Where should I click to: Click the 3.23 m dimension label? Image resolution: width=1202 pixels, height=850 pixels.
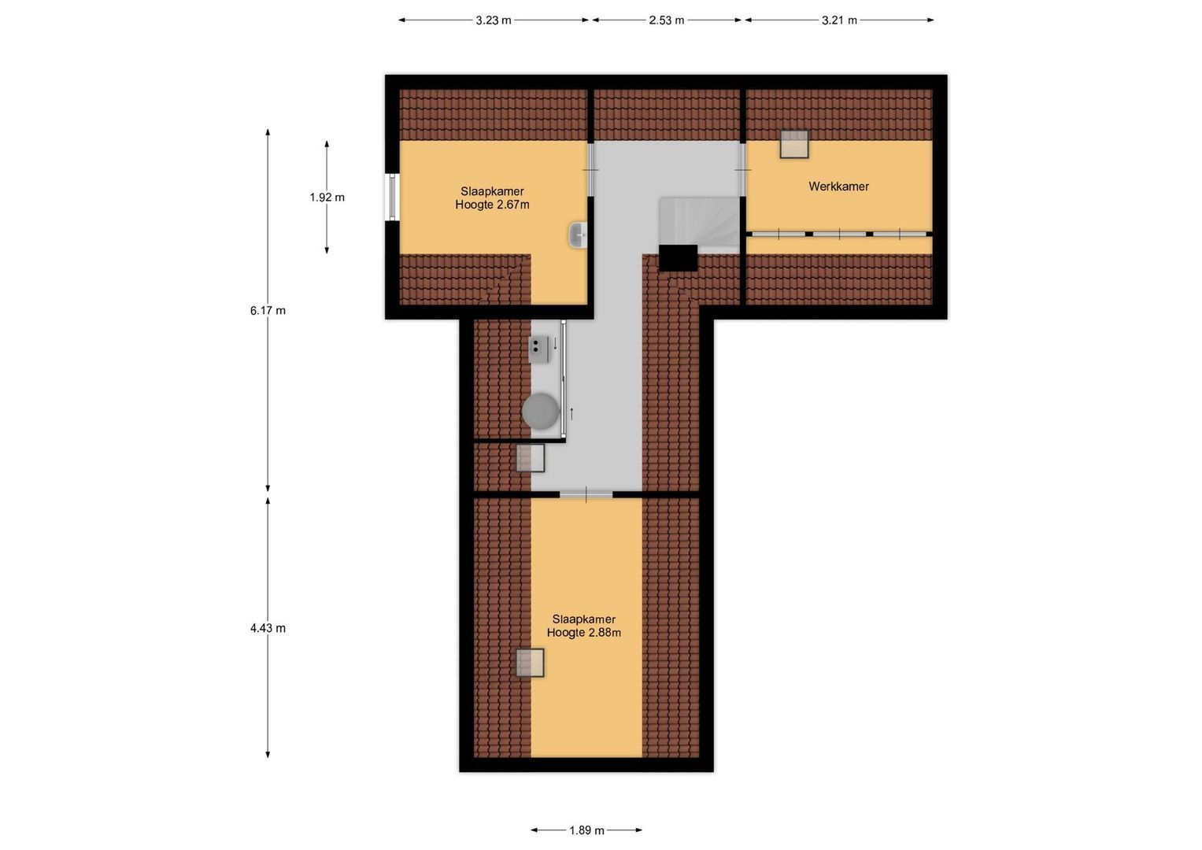coord(493,20)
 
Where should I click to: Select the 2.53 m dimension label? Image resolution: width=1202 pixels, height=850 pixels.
coord(666,20)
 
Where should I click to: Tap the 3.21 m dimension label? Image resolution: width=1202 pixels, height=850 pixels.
coord(839,20)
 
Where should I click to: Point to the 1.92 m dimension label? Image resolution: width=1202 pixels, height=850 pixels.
coord(327,198)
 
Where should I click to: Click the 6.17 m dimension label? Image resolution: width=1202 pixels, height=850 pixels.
coord(268,310)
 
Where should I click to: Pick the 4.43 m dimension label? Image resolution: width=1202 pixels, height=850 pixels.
coord(268,628)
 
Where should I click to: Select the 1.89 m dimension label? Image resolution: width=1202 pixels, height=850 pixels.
coord(586,830)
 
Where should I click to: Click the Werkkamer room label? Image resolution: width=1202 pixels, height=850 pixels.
coord(838,187)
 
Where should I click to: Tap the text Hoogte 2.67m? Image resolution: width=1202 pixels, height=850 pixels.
coord(492,205)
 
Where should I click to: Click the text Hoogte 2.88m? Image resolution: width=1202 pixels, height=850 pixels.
coord(583,633)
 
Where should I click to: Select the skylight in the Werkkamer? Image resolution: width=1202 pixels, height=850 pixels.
coord(794,144)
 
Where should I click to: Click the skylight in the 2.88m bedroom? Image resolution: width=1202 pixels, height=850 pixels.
coord(530,663)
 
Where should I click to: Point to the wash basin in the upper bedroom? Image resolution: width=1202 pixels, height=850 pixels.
coord(579,235)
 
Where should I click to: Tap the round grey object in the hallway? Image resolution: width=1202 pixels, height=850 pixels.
coord(541,411)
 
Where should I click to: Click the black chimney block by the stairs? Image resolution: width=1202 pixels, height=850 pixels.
coord(678,258)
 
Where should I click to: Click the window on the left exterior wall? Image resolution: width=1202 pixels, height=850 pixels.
coord(392,197)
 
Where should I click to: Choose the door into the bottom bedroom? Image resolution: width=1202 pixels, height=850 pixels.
coord(586,494)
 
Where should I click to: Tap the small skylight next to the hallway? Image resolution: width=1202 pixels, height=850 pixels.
coord(530,458)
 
